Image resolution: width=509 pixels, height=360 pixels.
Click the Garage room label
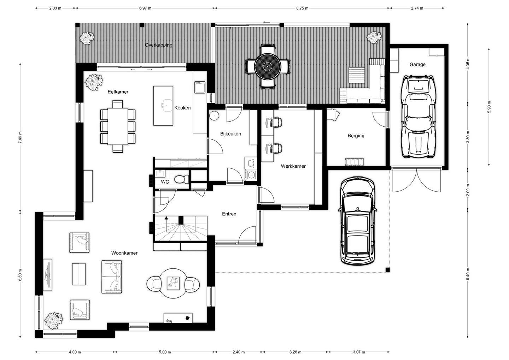tap(417, 65)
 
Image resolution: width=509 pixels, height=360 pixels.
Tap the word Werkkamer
tap(293, 166)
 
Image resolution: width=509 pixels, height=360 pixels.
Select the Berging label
tap(356, 136)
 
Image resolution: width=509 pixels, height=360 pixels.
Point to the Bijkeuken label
tap(230, 134)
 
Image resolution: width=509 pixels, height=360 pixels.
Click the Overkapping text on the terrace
tap(159, 45)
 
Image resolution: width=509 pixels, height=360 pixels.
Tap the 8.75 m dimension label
tap(302, 8)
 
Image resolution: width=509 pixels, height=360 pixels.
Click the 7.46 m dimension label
tap(21, 138)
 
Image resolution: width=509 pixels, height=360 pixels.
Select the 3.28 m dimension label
tap(295, 352)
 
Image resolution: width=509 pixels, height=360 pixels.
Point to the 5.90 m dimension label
tap(490, 107)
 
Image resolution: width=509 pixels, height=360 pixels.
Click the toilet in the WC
tap(181, 179)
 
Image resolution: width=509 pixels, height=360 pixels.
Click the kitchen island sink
tap(167, 105)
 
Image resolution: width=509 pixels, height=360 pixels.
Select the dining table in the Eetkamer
tap(118, 126)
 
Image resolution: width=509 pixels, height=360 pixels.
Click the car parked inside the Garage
tap(419, 117)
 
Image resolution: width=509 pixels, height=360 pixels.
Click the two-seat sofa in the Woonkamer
tap(112, 277)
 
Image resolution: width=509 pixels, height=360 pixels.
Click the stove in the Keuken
tap(200, 87)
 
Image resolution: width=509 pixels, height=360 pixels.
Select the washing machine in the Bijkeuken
tap(251, 175)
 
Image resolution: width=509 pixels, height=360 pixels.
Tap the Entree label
tap(229, 214)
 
